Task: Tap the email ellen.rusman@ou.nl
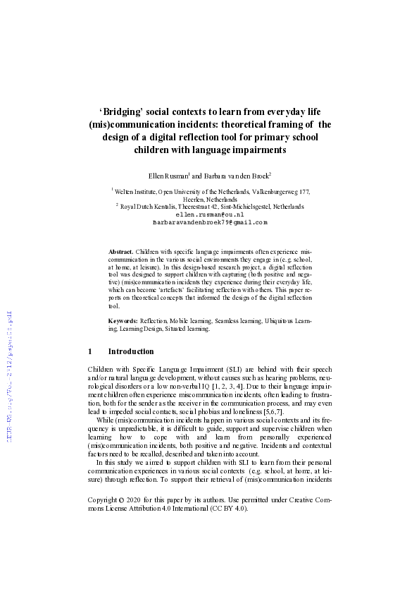click(x=209, y=214)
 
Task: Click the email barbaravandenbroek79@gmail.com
click(x=209, y=222)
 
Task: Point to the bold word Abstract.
click(x=120, y=251)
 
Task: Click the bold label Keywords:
click(x=123, y=320)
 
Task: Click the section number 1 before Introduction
click(x=90, y=351)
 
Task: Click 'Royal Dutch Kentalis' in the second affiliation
click(x=147, y=206)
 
